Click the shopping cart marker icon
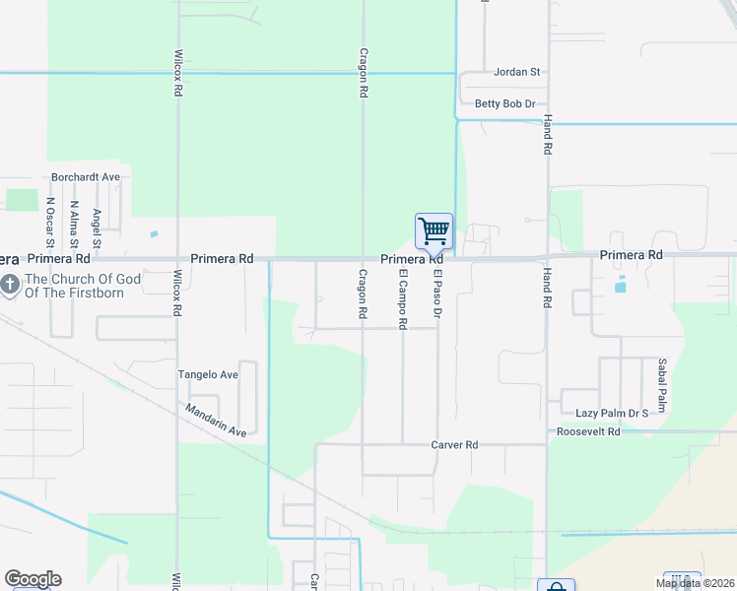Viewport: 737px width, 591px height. tap(434, 232)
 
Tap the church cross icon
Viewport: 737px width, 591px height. tap(9, 286)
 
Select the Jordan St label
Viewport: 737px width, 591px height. tap(518, 72)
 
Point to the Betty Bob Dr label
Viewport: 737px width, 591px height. tap(504, 103)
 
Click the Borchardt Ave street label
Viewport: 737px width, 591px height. tap(86, 177)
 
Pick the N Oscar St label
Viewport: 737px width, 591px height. tap(50, 223)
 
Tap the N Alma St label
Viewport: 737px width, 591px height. tap(74, 226)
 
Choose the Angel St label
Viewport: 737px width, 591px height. tap(97, 229)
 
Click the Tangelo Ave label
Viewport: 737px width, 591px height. tap(208, 374)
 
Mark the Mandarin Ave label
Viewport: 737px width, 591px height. tap(215, 419)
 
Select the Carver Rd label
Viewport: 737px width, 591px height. tap(454, 445)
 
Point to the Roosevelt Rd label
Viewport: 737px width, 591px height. tap(588, 431)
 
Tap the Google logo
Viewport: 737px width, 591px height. tap(33, 579)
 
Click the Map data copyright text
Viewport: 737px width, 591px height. tap(695, 583)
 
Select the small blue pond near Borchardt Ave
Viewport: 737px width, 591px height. tap(154, 234)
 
